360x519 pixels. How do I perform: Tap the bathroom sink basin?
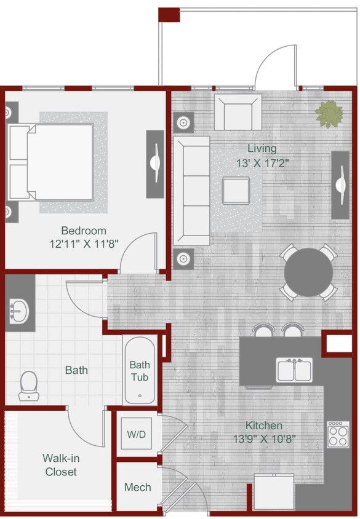pyautogui.click(x=20, y=311)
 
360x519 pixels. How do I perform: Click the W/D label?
pyautogui.click(x=137, y=434)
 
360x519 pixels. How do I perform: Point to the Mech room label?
pyautogui.click(x=137, y=487)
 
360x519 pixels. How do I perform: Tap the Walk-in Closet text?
pyautogui.click(x=61, y=465)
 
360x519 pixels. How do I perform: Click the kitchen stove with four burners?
pyautogui.click(x=338, y=434)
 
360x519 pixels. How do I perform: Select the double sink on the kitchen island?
pyautogui.click(x=294, y=370)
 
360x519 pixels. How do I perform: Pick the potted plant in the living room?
pyautogui.click(x=329, y=114)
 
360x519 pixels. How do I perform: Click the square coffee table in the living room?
pyautogui.click(x=236, y=189)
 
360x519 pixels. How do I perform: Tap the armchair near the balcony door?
pyautogui.click(x=238, y=113)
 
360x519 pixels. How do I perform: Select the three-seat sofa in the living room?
pyautogui.click(x=191, y=190)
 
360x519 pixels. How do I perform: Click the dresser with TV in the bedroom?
pyautogui.click(x=154, y=164)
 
